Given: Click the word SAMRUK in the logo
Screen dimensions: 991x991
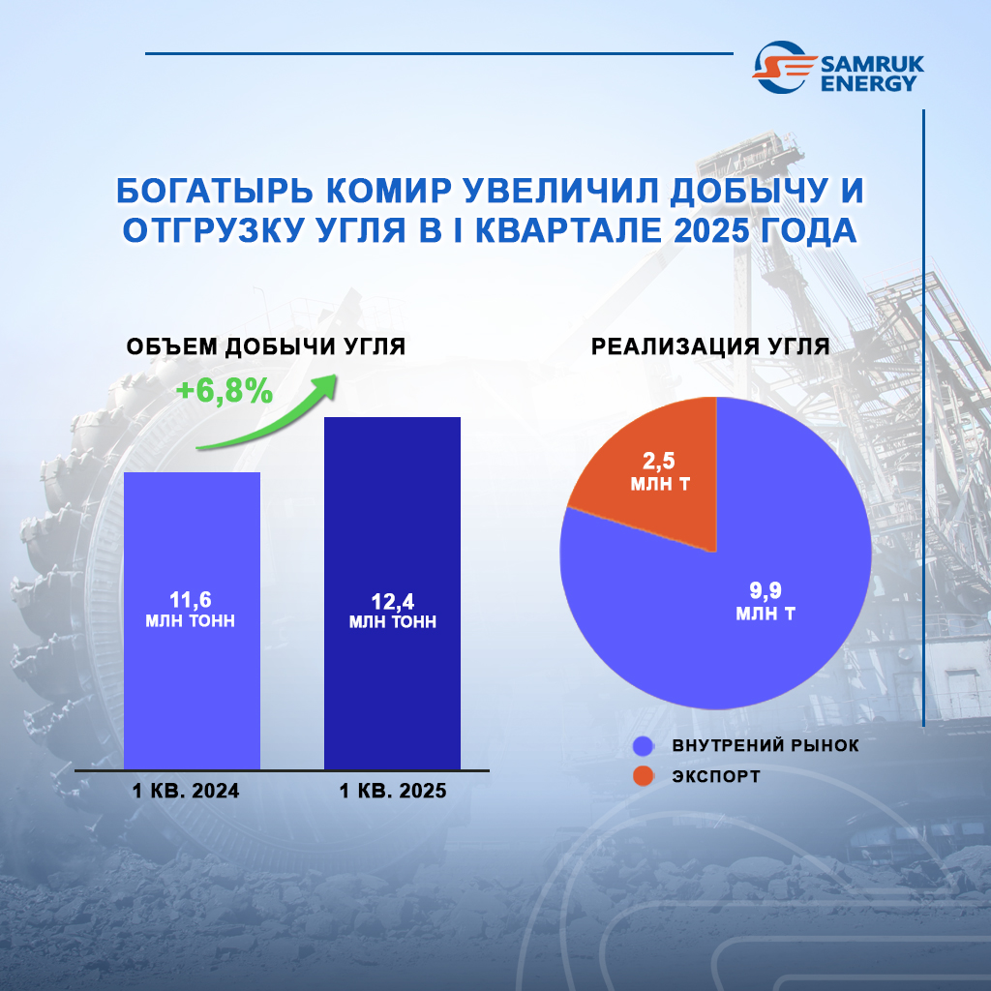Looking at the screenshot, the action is (872, 64).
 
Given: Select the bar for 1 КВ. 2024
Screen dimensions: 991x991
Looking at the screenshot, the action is (193, 620).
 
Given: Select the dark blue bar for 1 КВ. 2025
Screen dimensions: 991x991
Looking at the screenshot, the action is (393, 593).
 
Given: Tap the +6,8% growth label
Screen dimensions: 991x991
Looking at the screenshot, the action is (225, 391).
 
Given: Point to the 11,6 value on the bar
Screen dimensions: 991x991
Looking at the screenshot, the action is (191, 599).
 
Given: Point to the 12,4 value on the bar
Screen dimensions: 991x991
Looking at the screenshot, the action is (393, 601).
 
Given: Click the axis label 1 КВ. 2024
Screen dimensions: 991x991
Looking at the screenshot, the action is (186, 791).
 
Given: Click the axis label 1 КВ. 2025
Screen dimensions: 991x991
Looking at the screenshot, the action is (393, 791).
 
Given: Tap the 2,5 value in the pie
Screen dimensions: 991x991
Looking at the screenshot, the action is (658, 461).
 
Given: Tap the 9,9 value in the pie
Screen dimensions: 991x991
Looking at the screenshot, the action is (766, 590).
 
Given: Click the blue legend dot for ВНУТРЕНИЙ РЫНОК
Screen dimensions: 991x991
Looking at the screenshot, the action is (644, 746).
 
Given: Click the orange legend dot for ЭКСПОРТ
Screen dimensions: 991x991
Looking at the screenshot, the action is (644, 776).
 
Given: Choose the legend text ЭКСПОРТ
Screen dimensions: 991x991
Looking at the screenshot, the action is (716, 776).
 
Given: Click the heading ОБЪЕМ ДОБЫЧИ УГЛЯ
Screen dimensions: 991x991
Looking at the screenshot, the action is (266, 346).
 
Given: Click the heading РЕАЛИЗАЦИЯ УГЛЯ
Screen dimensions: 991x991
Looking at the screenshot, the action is (710, 346).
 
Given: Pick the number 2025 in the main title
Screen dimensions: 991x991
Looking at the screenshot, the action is (711, 230).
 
